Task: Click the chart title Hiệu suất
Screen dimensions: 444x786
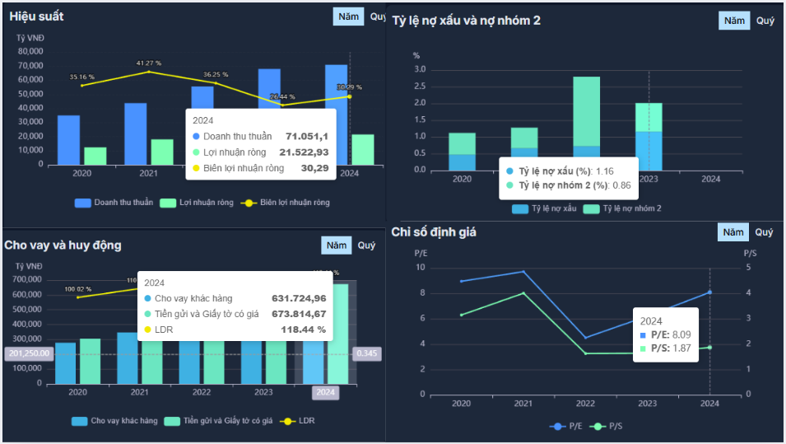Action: [37, 16]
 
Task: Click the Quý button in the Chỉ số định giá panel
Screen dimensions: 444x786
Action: [764, 232]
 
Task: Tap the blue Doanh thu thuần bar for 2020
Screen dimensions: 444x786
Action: [68, 139]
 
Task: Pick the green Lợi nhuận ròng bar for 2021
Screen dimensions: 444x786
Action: [162, 152]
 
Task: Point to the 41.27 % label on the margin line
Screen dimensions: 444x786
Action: [149, 63]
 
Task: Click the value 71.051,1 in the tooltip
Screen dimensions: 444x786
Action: [307, 136]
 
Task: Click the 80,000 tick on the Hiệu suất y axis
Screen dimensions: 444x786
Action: [30, 51]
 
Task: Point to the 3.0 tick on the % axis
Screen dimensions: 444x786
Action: [420, 69]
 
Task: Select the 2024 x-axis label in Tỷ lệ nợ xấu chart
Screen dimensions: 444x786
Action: [710, 179]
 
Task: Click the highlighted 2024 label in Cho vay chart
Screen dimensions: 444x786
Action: [325, 393]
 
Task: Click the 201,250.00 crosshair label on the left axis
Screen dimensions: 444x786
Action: [28, 353]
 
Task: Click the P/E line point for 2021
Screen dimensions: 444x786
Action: [523, 272]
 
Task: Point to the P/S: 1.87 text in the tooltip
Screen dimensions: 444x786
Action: [667, 348]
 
